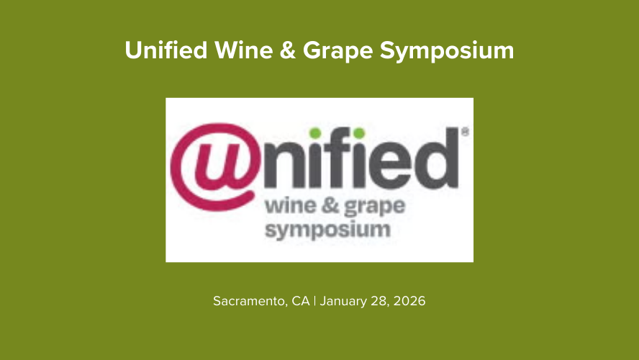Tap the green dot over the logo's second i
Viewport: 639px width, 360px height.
click(x=358, y=132)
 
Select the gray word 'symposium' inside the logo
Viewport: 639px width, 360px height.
click(x=327, y=231)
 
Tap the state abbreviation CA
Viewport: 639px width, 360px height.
click(x=300, y=301)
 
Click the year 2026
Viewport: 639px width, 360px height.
click(x=409, y=301)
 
